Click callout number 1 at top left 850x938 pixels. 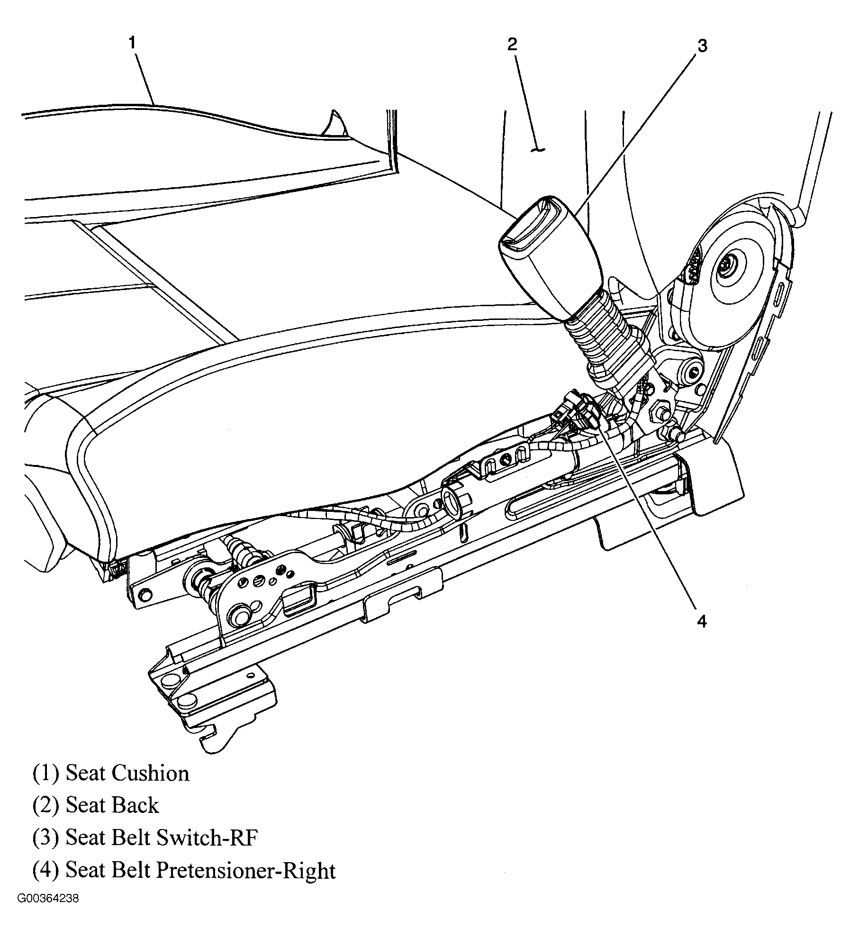(132, 43)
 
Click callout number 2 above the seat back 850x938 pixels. (512, 44)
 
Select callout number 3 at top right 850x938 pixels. (702, 46)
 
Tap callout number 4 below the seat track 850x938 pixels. (702, 621)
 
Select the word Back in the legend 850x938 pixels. (136, 805)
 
